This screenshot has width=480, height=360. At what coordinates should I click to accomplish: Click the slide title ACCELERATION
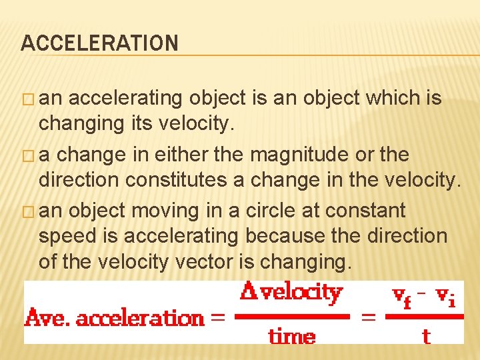tap(100, 44)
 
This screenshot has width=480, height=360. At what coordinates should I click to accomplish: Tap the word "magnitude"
tap(303, 155)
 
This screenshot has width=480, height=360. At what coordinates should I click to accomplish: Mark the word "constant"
tap(371, 211)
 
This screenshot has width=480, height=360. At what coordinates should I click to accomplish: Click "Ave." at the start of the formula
tap(47, 318)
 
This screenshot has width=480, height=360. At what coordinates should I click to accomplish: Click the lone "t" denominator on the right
tap(426, 335)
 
